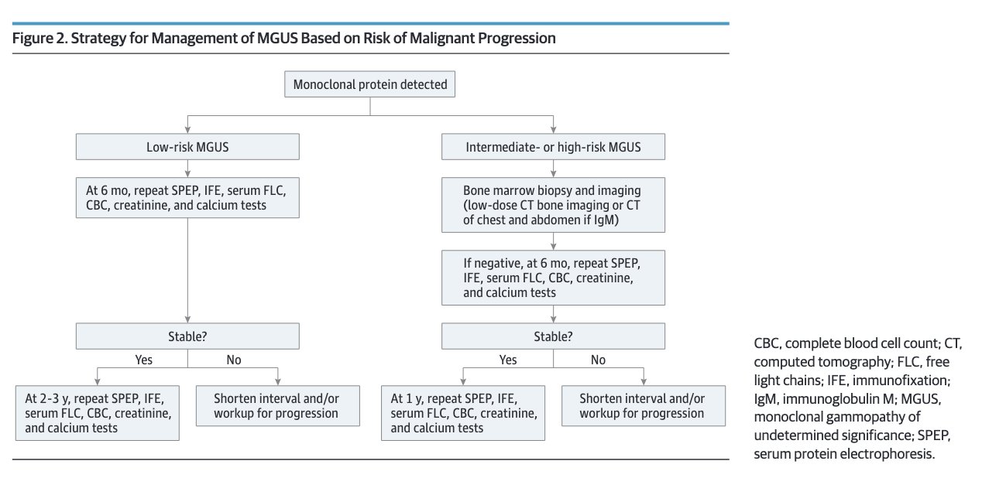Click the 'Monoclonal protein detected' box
pyautogui.click(x=369, y=84)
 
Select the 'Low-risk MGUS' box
pyautogui.click(x=187, y=147)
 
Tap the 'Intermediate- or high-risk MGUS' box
pyautogui.click(x=553, y=147)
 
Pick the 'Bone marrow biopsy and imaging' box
pyautogui.click(x=553, y=205)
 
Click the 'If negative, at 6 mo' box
pyautogui.click(x=553, y=278)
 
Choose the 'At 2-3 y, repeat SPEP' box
pyautogui.click(x=98, y=413)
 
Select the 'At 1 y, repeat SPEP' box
pyautogui.click(x=463, y=413)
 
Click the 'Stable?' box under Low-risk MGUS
pyautogui.click(x=187, y=336)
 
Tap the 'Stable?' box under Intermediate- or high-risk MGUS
pyautogui.click(x=553, y=336)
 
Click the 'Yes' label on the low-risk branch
pyautogui.click(x=144, y=360)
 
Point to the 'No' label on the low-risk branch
pyautogui.click(x=234, y=360)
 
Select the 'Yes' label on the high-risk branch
pyautogui.click(x=508, y=360)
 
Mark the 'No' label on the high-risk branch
pyautogui.click(x=598, y=360)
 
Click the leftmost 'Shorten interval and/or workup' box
pyautogui.click(x=278, y=406)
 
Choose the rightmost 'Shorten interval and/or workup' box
pyautogui.click(x=644, y=406)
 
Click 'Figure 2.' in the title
pyautogui.click(x=40, y=39)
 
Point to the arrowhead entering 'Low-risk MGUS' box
pyautogui.click(x=187, y=130)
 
